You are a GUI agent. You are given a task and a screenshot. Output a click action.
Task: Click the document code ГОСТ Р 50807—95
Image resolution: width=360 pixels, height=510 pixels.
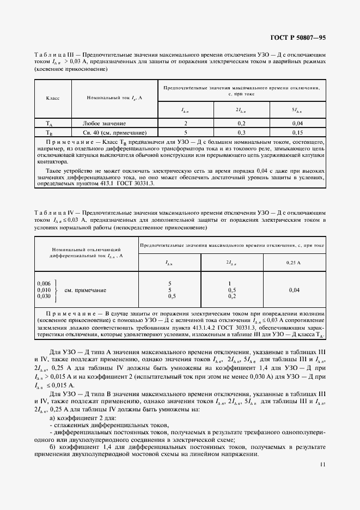[298, 38]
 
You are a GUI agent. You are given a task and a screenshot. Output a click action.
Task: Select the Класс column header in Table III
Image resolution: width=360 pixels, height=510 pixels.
[52, 98]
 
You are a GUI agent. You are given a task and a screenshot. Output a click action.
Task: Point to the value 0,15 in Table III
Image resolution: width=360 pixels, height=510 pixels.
[297, 132]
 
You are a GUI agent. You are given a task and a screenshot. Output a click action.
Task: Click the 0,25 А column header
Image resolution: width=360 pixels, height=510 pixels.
[294, 263]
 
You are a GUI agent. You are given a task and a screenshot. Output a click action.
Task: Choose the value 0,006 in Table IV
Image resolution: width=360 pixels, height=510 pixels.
[44, 284]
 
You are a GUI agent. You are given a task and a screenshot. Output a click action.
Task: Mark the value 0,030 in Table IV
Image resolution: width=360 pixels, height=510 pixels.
[44, 296]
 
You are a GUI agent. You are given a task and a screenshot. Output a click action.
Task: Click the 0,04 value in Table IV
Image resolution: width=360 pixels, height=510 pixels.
[294, 290]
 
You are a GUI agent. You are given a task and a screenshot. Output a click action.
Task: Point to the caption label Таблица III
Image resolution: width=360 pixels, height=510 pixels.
[53, 55]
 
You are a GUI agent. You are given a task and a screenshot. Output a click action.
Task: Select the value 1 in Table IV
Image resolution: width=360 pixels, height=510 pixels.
[231, 284]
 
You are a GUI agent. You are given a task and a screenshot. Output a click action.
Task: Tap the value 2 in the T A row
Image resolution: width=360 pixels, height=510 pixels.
[186, 124]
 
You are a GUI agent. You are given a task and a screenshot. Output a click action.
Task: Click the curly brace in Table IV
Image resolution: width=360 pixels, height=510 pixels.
[56, 290]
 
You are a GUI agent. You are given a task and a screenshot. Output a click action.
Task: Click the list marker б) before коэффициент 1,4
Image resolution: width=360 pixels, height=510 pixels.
[52, 447]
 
